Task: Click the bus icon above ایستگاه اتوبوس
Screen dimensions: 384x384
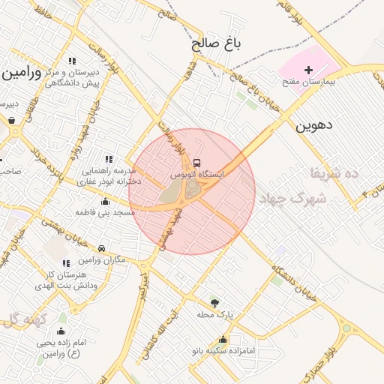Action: [x=196, y=163]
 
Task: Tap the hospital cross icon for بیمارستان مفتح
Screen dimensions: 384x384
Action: [x=308, y=70]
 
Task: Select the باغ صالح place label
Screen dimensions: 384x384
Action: [x=217, y=43]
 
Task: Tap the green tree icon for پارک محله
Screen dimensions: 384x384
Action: [x=215, y=303]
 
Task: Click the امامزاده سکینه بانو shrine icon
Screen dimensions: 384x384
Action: [x=222, y=340]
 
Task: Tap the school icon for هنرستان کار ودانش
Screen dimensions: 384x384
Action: [x=66, y=264]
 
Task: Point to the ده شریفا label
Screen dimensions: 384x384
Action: [x=335, y=173]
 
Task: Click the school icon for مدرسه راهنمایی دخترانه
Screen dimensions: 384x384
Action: [x=109, y=159]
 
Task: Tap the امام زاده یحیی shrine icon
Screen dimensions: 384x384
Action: [x=61, y=331]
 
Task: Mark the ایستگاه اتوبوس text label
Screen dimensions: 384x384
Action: [x=196, y=174]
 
